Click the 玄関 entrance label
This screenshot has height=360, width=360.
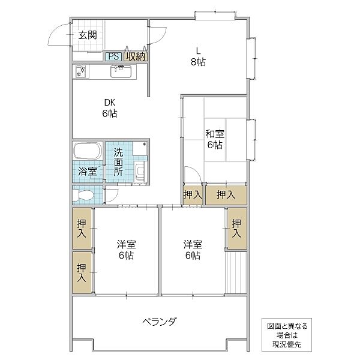[x=88, y=35]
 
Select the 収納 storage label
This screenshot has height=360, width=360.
[x=135, y=56]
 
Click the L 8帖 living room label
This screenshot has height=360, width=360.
[x=199, y=56]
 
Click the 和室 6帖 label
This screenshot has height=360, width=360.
[x=215, y=139]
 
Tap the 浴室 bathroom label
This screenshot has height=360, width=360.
[x=88, y=172]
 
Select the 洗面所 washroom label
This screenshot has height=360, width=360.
[x=119, y=161]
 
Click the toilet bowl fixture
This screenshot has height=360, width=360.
[x=83, y=194]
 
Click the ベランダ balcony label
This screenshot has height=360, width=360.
[x=160, y=322]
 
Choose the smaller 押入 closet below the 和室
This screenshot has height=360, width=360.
[x=193, y=194]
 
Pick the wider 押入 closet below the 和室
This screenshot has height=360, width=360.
[x=225, y=194]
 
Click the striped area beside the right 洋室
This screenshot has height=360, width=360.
[x=236, y=272]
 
